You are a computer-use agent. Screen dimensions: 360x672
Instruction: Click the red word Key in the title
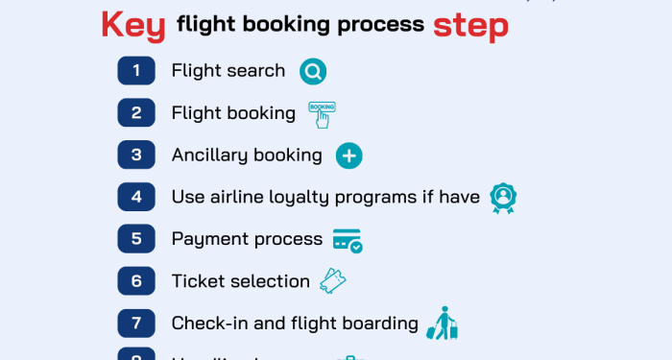(133, 25)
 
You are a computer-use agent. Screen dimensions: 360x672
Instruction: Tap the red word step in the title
(470, 25)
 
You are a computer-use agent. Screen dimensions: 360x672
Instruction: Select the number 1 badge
(136, 70)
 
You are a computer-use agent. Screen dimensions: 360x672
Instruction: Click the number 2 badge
(136, 112)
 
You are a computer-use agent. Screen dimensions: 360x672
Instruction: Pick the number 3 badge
(136, 155)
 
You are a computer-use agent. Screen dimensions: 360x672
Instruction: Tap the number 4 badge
(136, 197)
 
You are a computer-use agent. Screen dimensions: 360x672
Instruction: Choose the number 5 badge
(136, 239)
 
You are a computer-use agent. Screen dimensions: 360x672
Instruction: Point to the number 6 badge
(136, 281)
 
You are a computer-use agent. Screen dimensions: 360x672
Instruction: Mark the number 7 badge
(136, 324)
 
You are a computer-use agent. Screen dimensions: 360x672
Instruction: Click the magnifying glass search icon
(313, 71)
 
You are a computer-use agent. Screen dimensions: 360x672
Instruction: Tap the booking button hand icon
(322, 113)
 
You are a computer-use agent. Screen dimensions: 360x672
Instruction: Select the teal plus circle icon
(348, 156)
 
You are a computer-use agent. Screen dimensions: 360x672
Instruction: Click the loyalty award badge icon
(503, 198)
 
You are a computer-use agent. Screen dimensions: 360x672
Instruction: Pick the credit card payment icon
(348, 240)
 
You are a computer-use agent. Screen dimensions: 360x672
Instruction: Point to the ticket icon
(332, 281)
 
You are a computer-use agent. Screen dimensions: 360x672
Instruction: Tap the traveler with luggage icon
(443, 324)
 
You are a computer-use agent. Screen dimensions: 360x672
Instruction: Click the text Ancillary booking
(247, 155)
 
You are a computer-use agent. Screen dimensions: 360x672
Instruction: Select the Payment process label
(247, 239)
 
